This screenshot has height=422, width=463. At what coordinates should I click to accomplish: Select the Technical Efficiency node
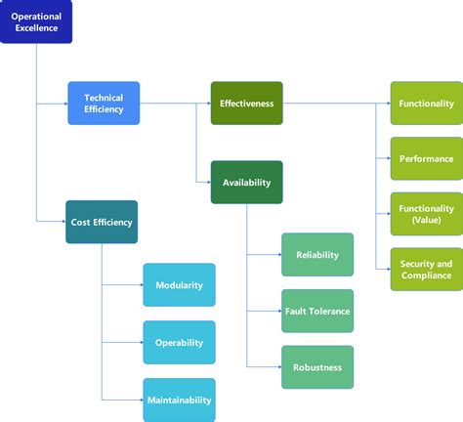coord(104,103)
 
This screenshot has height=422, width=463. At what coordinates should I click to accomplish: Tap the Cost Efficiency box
coord(102,222)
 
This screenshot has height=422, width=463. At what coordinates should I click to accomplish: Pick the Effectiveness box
coord(246,103)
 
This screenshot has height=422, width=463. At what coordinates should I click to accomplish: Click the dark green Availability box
coord(246,182)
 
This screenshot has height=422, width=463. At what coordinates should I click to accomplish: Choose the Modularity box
coord(179,284)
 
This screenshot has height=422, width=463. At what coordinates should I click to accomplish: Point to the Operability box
coord(179,342)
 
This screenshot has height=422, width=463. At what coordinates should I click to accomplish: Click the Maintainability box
coord(179,399)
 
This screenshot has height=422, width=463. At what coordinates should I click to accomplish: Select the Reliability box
coord(317,254)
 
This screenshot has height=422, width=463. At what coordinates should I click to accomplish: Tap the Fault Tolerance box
coord(317,311)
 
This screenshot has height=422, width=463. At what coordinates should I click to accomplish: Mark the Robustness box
coord(317,367)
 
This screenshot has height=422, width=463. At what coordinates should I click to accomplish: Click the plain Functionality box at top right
coord(426,103)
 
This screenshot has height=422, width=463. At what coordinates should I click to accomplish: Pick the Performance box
coord(426,158)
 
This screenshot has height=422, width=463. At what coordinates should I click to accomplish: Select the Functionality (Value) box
coord(426,214)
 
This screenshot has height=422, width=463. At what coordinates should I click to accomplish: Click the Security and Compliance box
coord(426,270)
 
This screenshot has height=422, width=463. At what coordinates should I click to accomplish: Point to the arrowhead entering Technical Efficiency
coord(64,103)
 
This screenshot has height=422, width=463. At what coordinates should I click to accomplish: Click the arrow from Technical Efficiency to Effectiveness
coord(176,103)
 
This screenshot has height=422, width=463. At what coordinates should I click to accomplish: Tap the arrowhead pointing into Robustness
coord(278,367)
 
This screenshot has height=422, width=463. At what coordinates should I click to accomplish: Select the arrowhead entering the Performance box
coord(387,158)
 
